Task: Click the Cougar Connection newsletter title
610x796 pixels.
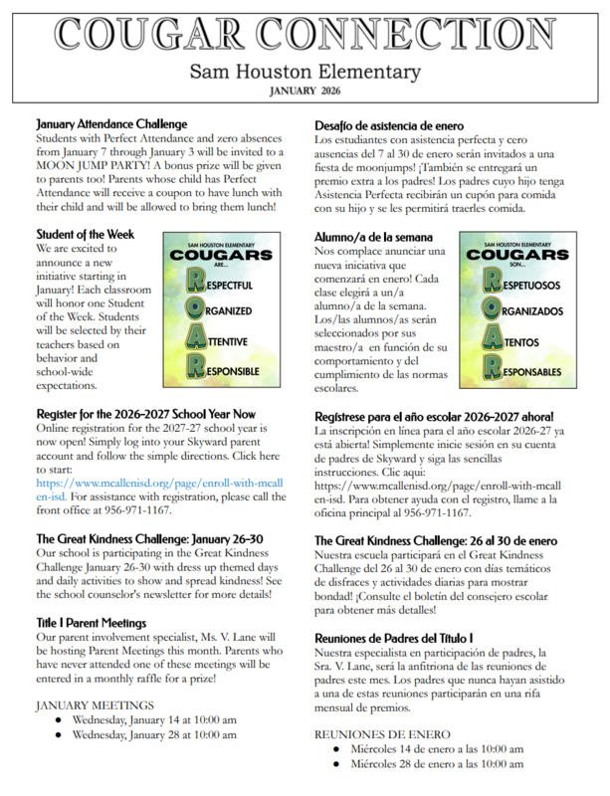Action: tap(305, 33)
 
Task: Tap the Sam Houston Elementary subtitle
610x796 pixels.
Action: tap(305, 72)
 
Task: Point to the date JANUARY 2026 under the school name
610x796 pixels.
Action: tap(305, 91)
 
